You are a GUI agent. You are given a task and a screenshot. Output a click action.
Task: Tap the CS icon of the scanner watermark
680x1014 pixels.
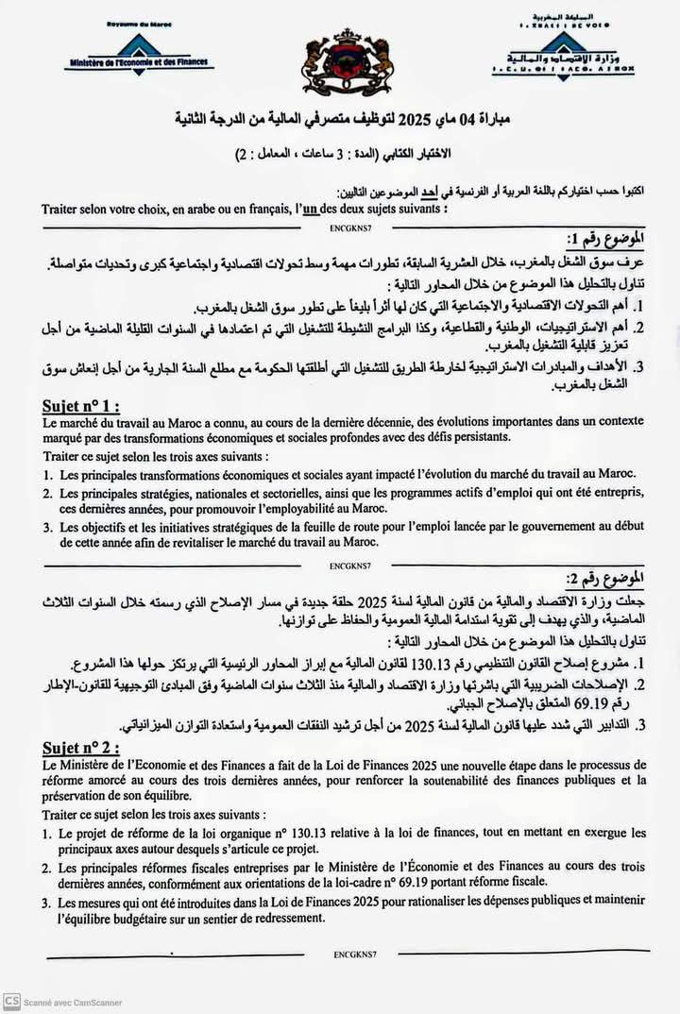11,1002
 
